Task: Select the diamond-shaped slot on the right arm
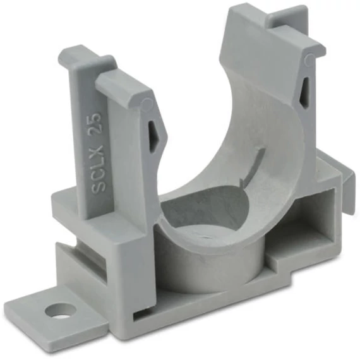click(x=304, y=92)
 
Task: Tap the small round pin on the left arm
click(x=147, y=104)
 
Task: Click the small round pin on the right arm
click(x=309, y=59)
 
